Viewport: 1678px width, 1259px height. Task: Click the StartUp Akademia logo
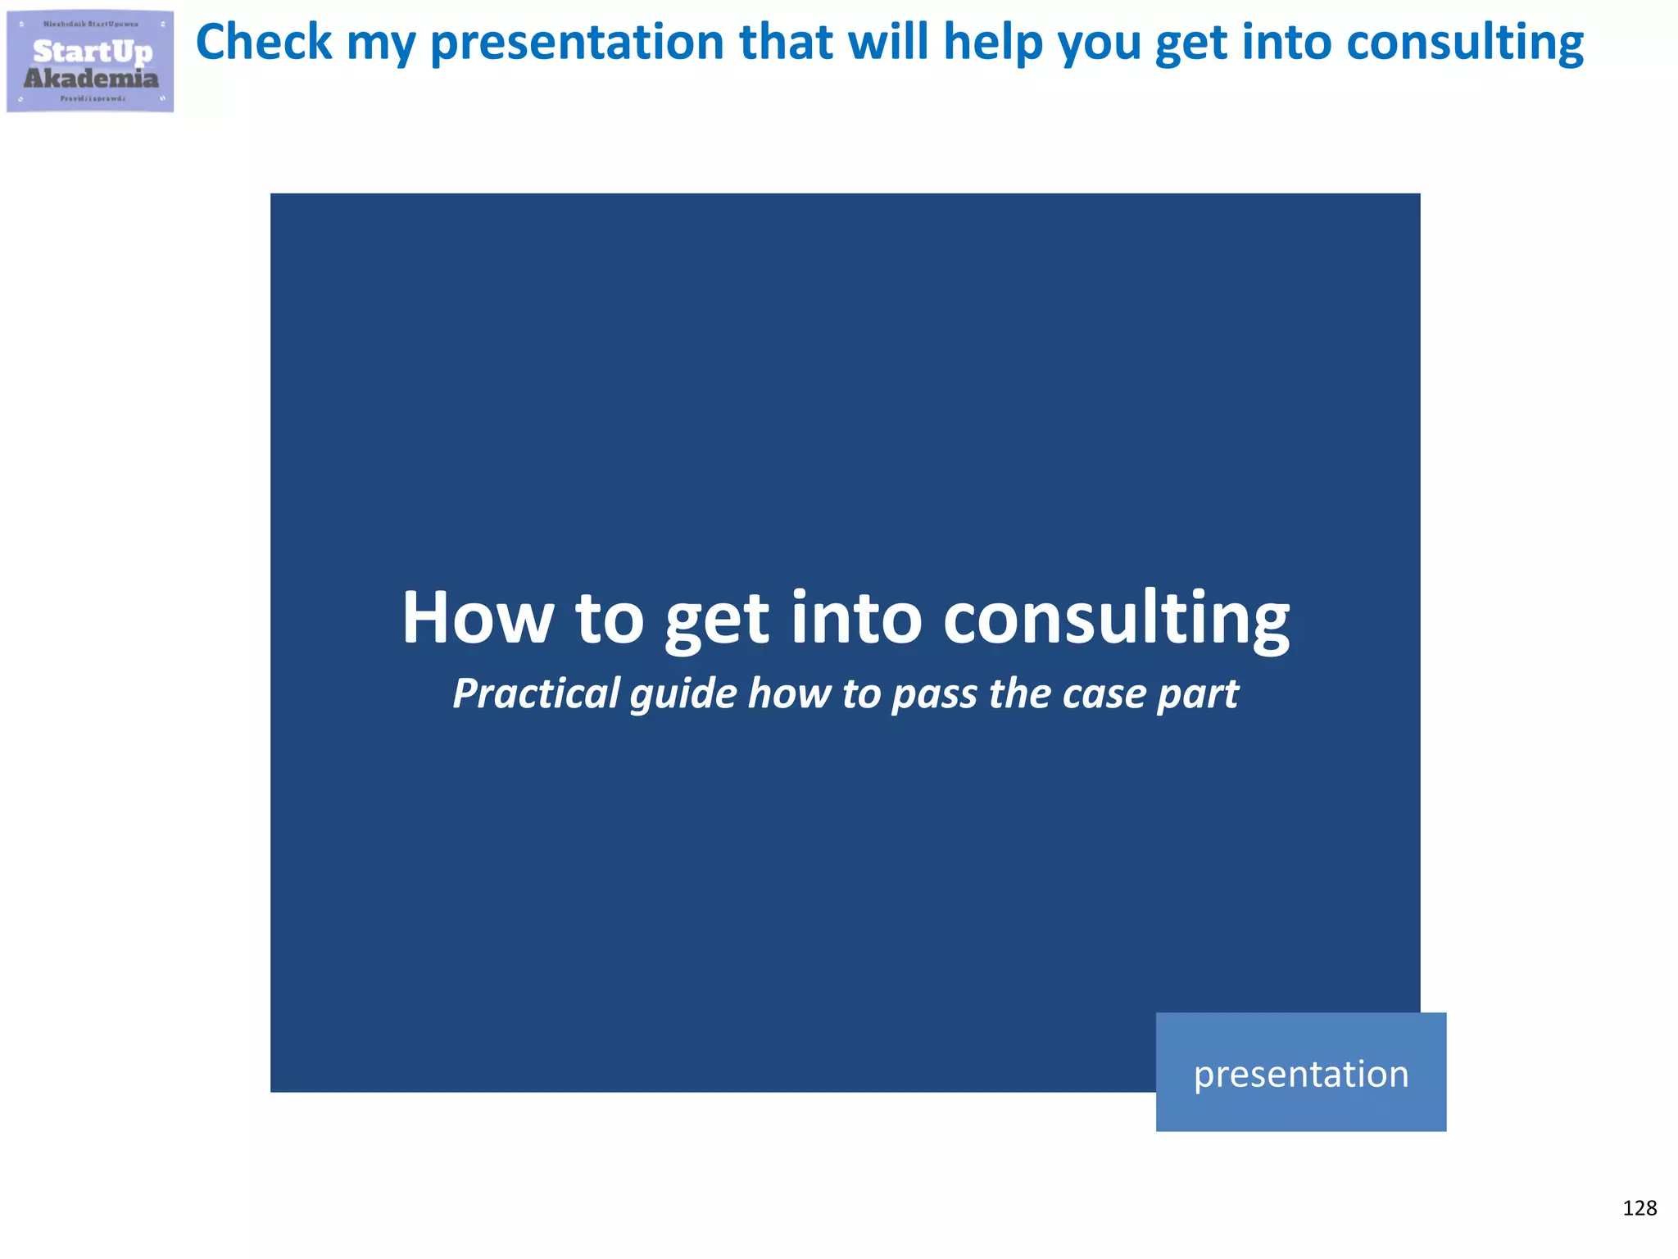90,61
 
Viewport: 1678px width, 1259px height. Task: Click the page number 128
1639,1208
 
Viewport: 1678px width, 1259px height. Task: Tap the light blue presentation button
1300,1072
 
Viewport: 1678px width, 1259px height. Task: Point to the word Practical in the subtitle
537,693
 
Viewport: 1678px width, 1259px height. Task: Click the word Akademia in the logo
91,79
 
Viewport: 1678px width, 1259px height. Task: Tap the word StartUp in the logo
92,52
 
